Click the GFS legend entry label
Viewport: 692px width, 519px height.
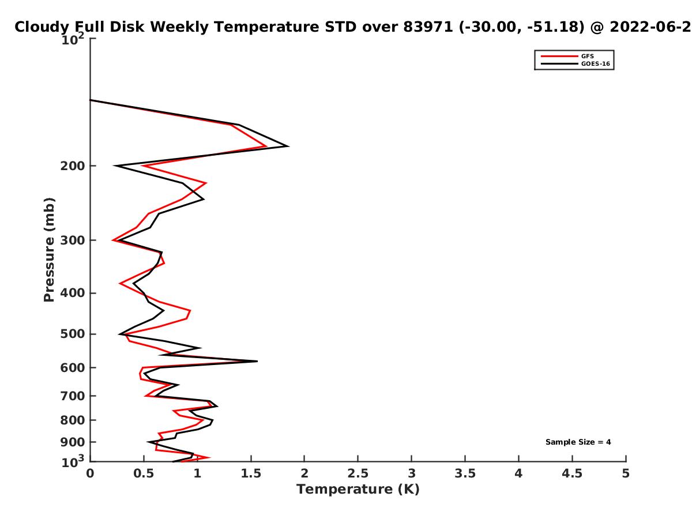coord(587,56)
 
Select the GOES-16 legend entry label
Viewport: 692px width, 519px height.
coord(595,63)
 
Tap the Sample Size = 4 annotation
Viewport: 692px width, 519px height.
coord(578,442)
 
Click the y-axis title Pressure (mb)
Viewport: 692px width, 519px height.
coord(49,250)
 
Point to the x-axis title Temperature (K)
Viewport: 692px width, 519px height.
coord(358,489)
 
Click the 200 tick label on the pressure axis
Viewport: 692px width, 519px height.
coord(73,166)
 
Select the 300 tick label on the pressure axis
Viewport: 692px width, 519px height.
coord(73,240)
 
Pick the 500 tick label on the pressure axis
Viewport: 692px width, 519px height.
coord(73,334)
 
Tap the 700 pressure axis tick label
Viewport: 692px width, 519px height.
coord(73,396)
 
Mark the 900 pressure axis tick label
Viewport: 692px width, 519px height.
coord(73,442)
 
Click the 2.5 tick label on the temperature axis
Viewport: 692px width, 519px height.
coord(358,473)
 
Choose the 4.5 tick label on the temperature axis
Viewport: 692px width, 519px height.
coord(572,473)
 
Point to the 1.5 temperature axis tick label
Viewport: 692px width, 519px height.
coord(251,473)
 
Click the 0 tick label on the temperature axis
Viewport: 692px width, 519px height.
coord(90,473)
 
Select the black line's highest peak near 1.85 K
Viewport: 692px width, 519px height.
coord(288,146)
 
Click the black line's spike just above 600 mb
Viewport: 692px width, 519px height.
coord(257,361)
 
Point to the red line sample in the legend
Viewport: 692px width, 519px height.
coord(559,56)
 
